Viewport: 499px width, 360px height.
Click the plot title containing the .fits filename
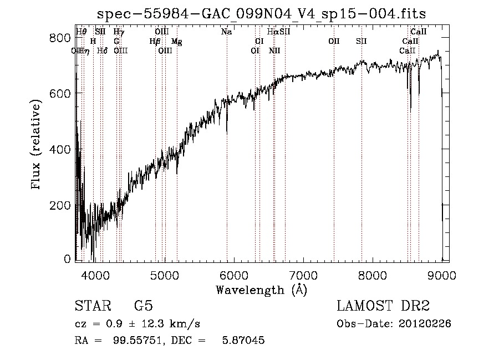tap(261, 13)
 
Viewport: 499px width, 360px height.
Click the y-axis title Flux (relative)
tap(37, 145)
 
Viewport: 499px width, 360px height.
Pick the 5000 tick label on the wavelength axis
tap(165, 275)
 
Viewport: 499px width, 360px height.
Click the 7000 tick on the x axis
tap(303, 275)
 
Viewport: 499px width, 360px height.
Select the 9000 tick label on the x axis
tap(442, 275)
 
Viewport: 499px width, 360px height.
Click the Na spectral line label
tap(226, 32)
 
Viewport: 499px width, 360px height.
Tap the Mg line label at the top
tap(176, 42)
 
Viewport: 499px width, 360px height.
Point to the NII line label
tap(274, 50)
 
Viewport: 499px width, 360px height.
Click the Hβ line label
tap(155, 42)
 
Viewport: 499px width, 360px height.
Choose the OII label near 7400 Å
tap(334, 42)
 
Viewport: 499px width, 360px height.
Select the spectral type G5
tap(144, 306)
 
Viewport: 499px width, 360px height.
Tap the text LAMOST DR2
tap(383, 306)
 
